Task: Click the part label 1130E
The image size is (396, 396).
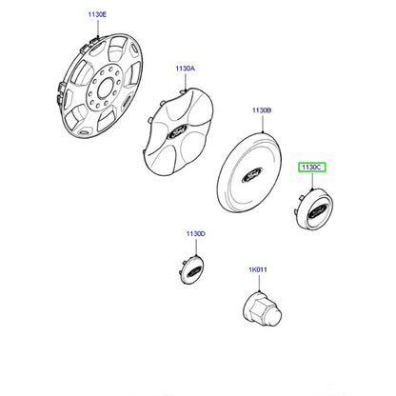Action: [97, 14]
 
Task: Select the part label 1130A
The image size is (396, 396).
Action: [186, 69]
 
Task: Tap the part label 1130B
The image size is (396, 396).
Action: [262, 110]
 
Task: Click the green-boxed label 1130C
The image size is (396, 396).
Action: [311, 167]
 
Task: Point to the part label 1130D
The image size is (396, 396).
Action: [196, 234]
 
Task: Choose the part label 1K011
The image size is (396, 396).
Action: [258, 269]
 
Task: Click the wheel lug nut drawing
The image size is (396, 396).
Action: [262, 310]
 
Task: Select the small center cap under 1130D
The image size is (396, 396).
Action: [190, 269]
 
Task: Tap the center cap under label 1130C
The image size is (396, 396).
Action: [312, 208]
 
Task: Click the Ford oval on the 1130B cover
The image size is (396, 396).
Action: [252, 174]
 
